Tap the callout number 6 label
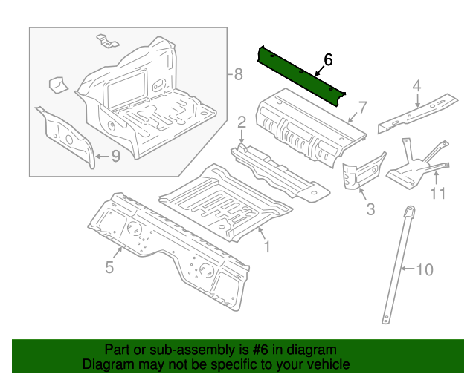coord(328,59)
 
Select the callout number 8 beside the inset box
coord(237,74)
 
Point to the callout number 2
coord(242,122)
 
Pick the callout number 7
coord(362,108)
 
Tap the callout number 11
coord(438,194)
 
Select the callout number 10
coord(422,269)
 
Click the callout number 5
coord(109,266)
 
